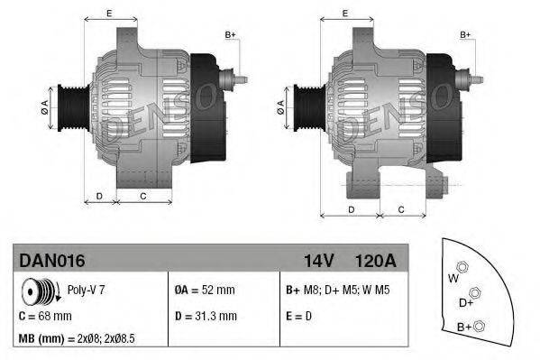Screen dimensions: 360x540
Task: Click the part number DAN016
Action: point(51,261)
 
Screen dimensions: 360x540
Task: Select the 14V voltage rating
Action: point(318,261)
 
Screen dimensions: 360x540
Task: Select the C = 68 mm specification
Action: point(45,316)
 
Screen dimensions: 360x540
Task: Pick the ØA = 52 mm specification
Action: point(204,291)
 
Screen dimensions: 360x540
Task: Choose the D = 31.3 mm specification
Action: point(206,316)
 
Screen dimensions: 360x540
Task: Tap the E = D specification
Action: point(300,316)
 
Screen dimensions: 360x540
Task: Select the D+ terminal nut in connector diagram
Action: point(475,293)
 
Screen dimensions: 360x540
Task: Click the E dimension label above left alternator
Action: point(109,13)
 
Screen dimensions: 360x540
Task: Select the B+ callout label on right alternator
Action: point(466,34)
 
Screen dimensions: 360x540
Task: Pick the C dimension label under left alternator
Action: point(142,195)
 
